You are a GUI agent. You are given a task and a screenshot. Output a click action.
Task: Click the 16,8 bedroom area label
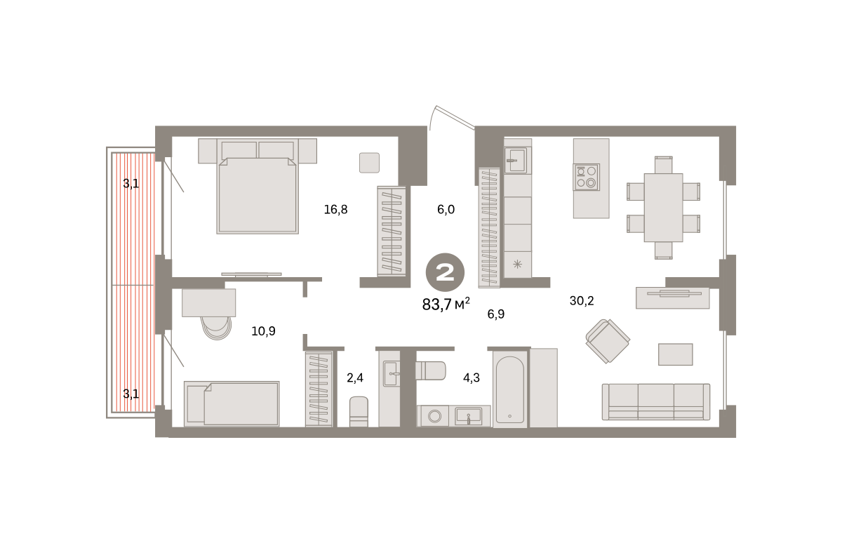tap(335, 209)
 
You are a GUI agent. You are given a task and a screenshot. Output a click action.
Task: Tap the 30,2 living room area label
tap(582, 301)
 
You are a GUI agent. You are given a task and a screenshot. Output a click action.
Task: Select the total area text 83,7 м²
tap(446, 304)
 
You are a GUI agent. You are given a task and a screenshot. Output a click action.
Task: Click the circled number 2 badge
tap(445, 272)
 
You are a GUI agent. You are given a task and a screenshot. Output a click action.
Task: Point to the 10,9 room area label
tap(263, 331)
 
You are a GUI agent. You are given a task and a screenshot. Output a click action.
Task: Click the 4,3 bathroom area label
tap(472, 377)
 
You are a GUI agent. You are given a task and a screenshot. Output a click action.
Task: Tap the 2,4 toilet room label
tap(355, 377)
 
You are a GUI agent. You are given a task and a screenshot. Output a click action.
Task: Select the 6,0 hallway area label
tap(446, 209)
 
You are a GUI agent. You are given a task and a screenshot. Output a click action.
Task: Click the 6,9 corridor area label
tap(496, 314)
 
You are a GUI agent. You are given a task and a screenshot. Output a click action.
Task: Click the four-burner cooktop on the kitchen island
tap(586, 177)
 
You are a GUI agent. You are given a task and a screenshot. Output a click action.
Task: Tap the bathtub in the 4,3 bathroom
tap(509, 389)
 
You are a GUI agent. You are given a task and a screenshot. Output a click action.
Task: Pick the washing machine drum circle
tap(435, 416)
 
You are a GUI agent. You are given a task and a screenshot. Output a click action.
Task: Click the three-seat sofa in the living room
tap(656, 401)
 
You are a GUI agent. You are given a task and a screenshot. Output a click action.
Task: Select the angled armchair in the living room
tap(608, 341)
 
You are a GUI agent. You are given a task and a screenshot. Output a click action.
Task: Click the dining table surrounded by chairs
tap(664, 208)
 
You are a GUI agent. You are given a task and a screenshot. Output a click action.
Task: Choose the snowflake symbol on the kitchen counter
tap(517, 265)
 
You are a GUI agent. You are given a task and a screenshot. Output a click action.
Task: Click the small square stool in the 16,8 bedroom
tap(369, 163)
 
